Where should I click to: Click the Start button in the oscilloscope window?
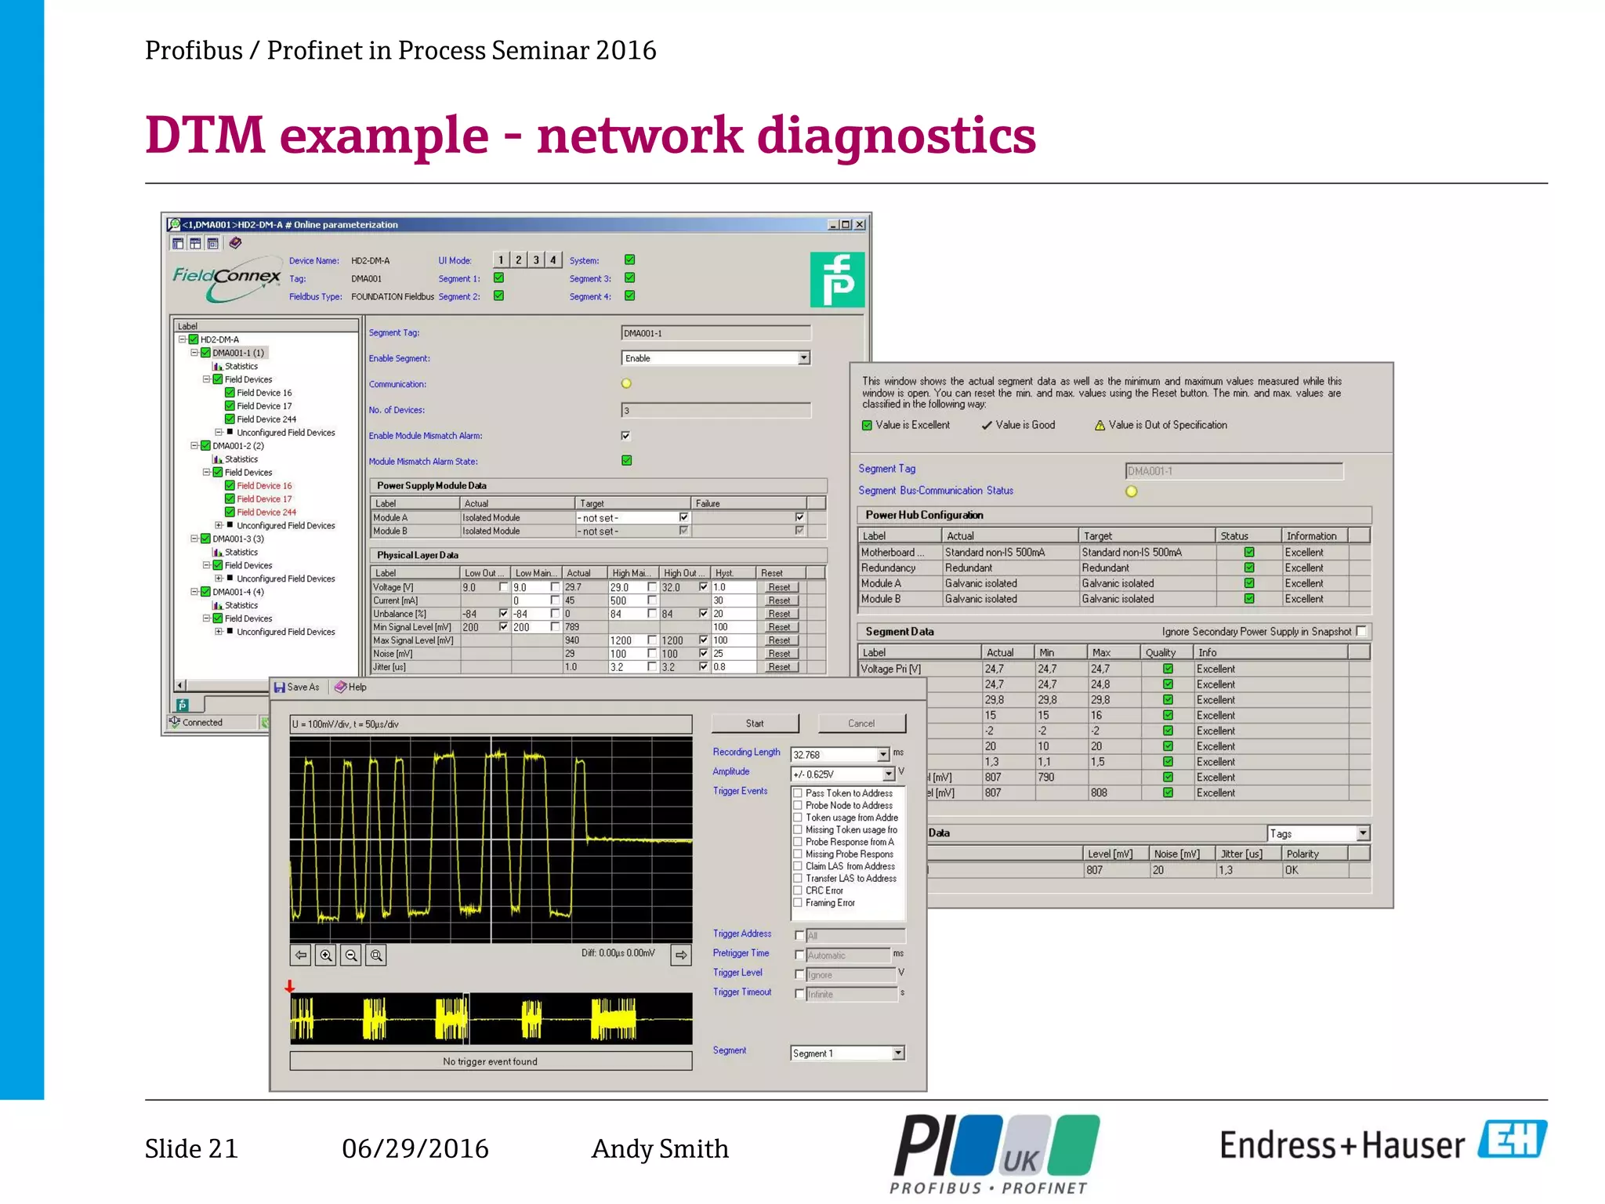(x=755, y=723)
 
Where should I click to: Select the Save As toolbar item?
(x=297, y=687)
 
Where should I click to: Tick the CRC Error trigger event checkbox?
(x=798, y=890)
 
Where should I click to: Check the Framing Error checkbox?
(x=798, y=903)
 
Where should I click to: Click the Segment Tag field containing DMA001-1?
(x=716, y=333)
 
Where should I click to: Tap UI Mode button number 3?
(x=536, y=260)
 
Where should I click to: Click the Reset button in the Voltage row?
(x=779, y=587)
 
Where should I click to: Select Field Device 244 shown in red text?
(x=266, y=513)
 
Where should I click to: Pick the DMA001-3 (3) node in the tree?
(x=238, y=539)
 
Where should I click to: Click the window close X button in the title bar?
(x=860, y=225)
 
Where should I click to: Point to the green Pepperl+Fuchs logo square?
(x=837, y=280)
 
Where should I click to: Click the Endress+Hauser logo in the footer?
(x=1383, y=1144)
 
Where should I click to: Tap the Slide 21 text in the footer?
(x=191, y=1149)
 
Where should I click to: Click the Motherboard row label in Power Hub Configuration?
(x=892, y=553)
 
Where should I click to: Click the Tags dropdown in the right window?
(x=1318, y=833)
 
